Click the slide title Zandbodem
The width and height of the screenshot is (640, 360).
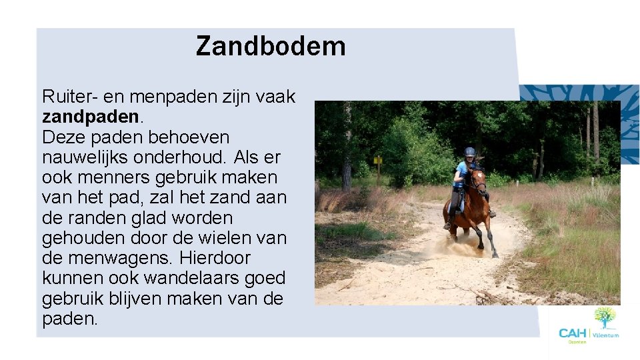tap(271, 47)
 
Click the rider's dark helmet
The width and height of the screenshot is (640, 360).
tap(470, 152)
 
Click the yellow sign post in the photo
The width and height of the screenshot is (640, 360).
tap(378, 161)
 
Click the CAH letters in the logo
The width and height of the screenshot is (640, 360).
tap(572, 333)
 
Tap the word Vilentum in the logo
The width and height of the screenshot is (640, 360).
tap(605, 335)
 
